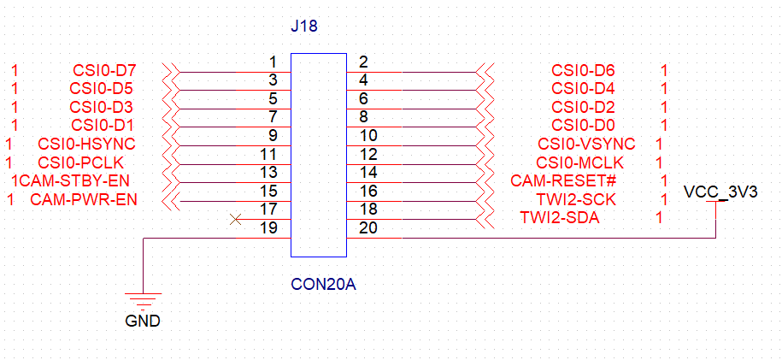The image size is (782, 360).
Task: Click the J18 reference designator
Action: (x=304, y=27)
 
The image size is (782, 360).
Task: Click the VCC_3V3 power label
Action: (x=721, y=192)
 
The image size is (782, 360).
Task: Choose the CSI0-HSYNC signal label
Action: (x=85, y=144)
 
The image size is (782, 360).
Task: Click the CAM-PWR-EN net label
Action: (x=84, y=200)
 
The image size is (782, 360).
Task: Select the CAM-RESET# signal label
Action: (x=563, y=181)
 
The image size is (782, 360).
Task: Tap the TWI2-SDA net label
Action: (x=560, y=218)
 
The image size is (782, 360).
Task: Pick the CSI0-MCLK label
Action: (x=579, y=162)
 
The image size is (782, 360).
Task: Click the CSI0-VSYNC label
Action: (x=586, y=144)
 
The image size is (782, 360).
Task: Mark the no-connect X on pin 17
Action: (x=236, y=220)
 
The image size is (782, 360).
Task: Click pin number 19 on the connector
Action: (x=269, y=228)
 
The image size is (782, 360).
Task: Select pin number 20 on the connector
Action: (x=368, y=228)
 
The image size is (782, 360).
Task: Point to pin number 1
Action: (x=273, y=62)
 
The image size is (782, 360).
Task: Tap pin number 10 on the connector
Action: (x=368, y=135)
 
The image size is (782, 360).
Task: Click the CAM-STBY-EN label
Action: (x=74, y=181)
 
